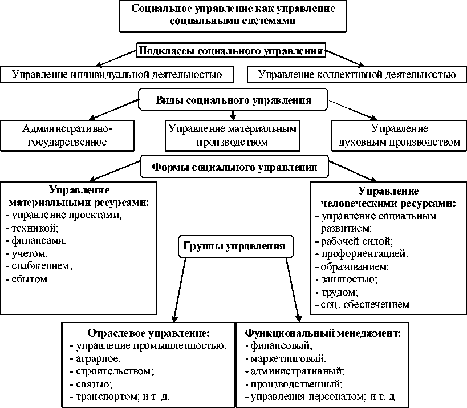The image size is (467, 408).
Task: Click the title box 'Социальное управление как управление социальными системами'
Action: pos(233,15)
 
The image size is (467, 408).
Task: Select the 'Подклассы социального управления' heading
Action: pos(232,51)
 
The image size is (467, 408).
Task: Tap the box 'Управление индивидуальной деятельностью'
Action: pos(117,74)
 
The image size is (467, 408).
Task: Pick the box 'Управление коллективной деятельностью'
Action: pos(357,74)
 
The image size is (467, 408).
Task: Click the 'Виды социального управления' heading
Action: pos(233,100)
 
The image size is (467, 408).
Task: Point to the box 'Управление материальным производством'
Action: pos(233,135)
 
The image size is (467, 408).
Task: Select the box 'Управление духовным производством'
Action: pos(399,135)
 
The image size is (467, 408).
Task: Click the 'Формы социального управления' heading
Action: pos(234,168)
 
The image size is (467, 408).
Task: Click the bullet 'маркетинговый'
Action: pos(288,358)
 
